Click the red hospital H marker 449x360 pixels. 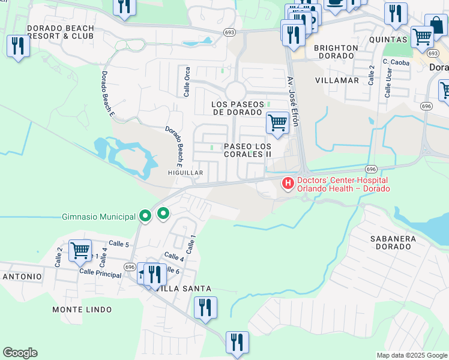point(288,183)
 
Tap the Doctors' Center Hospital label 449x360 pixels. point(344,184)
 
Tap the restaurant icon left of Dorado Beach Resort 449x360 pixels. point(18,46)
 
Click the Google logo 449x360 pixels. point(20,353)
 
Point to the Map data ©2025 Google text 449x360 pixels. point(412,355)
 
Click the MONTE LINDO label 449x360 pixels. point(82,310)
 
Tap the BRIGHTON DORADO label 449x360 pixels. point(336,52)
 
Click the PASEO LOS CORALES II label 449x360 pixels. point(247,150)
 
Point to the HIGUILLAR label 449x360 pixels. point(185,173)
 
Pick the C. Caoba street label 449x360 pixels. point(396,62)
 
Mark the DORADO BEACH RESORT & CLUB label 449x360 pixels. point(61,32)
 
